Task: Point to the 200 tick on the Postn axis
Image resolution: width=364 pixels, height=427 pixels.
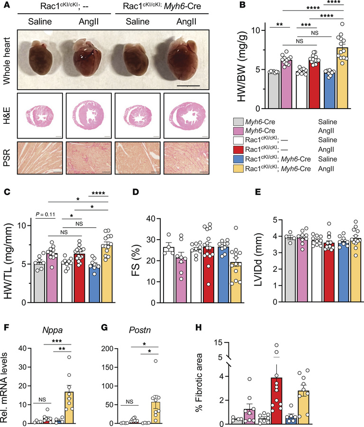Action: (x=112, y=349)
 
